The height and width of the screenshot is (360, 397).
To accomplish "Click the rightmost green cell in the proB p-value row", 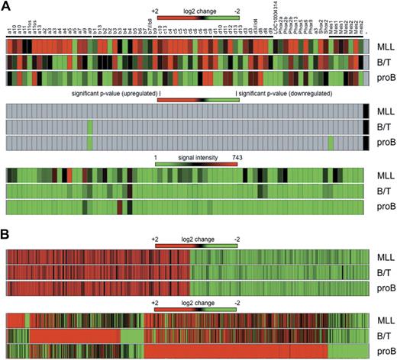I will (x=331, y=142).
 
